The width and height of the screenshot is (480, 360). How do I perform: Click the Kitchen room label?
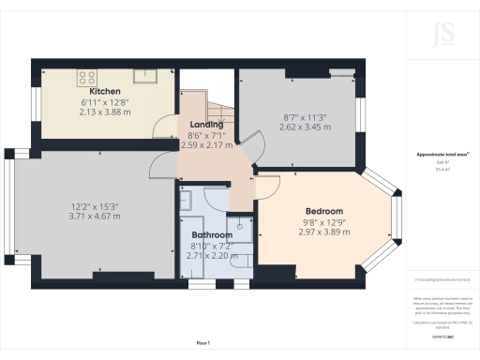point(104,91)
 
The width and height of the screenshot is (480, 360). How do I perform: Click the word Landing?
point(206,125)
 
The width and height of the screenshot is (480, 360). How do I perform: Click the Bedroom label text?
point(324,212)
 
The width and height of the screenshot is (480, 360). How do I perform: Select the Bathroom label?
point(212,234)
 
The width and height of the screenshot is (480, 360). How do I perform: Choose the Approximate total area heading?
point(442,156)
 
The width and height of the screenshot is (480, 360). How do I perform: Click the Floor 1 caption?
point(204,343)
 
